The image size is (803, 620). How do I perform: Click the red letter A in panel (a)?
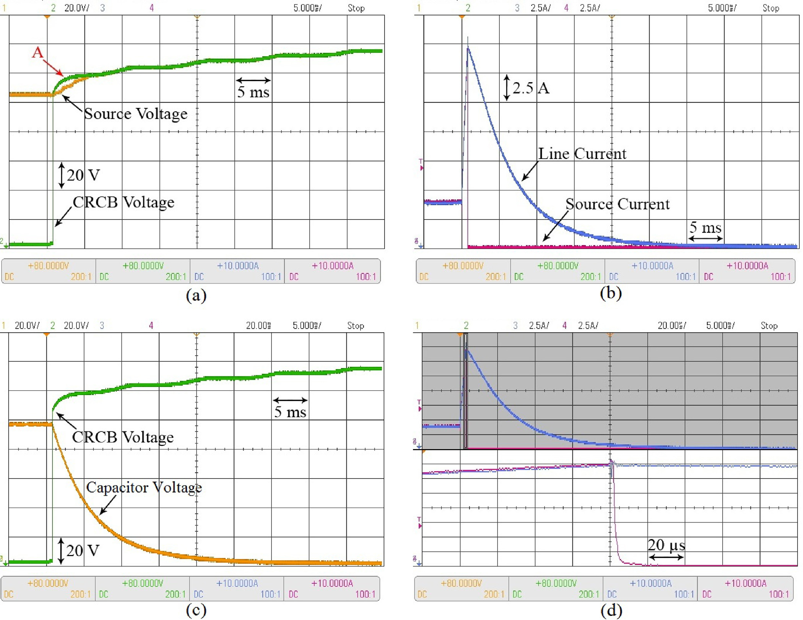[37, 52]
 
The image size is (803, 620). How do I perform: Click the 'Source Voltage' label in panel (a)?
[136, 114]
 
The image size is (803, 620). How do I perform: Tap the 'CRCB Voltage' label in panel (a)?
[124, 202]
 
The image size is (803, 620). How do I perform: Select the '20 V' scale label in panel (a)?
[83, 175]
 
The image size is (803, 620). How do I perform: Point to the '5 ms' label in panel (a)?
[253, 92]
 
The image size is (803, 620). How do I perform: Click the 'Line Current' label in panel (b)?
[582, 154]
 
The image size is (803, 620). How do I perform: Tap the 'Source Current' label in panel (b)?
[618, 204]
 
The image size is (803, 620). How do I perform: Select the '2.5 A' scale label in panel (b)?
[531, 88]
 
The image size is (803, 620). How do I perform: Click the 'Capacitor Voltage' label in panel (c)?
[144, 487]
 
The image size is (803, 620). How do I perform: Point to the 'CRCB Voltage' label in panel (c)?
[123, 437]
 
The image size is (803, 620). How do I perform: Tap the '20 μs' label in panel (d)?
[666, 545]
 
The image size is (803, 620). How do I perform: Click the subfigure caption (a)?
[196, 296]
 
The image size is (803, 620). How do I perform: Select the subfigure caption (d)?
[611, 610]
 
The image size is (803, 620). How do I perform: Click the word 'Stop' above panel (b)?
[770, 8]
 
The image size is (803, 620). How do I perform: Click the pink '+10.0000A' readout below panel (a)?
[332, 266]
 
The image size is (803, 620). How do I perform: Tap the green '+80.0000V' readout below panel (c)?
[143, 583]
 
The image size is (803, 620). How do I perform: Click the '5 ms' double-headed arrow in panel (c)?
[290, 400]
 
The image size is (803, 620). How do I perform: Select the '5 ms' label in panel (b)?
[705, 228]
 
